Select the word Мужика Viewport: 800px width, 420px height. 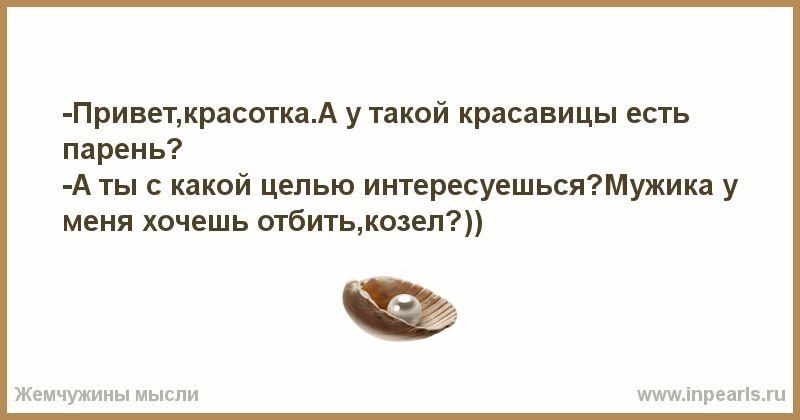tap(656, 186)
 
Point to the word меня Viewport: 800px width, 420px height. tap(98, 223)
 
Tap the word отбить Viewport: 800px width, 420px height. tap(306, 221)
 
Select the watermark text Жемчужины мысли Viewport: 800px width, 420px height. tap(107, 394)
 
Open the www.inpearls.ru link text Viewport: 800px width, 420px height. tap(711, 394)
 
